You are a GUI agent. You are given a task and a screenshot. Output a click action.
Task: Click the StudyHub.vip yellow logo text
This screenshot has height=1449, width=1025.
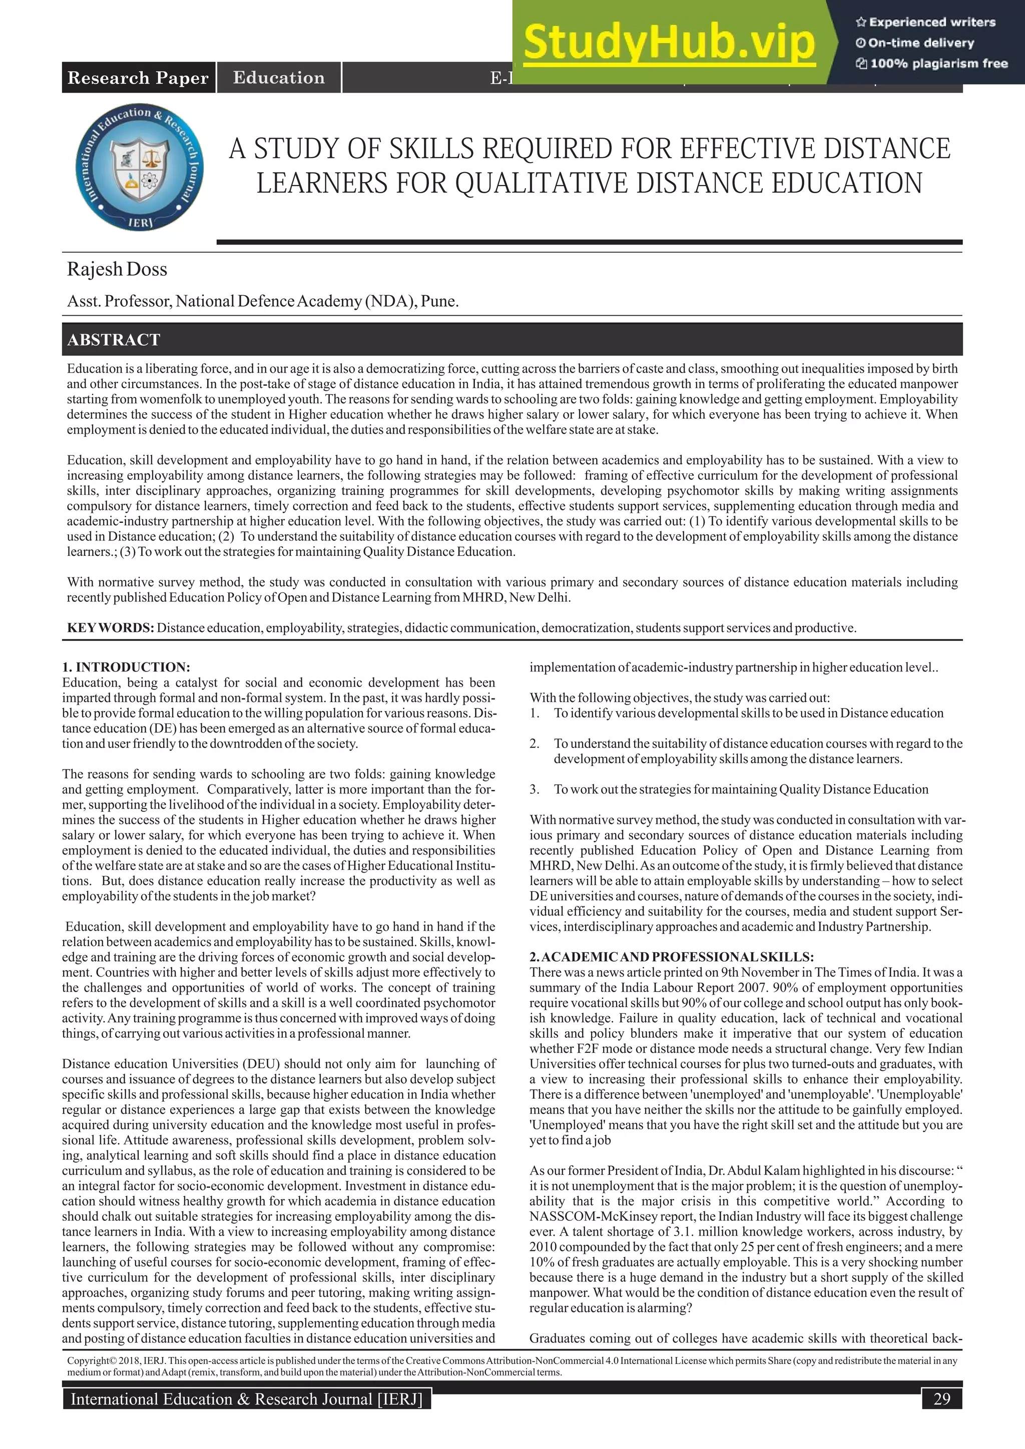[x=669, y=43]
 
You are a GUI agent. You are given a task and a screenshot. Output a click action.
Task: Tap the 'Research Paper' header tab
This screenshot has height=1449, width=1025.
[x=138, y=78]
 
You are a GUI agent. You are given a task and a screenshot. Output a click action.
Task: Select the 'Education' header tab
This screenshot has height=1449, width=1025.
[x=278, y=78]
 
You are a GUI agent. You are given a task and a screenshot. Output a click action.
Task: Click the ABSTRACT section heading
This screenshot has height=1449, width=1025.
[x=114, y=340]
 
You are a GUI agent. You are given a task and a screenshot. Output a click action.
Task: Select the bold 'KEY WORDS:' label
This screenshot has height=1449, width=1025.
[x=111, y=628]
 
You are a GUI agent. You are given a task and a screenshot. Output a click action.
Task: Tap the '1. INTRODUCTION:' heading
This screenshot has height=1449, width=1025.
[x=126, y=667]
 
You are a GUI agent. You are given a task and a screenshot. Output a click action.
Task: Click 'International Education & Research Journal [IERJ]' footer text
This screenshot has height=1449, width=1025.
[x=246, y=1399]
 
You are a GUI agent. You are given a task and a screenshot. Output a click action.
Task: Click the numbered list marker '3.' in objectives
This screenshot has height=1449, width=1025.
[x=535, y=790]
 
